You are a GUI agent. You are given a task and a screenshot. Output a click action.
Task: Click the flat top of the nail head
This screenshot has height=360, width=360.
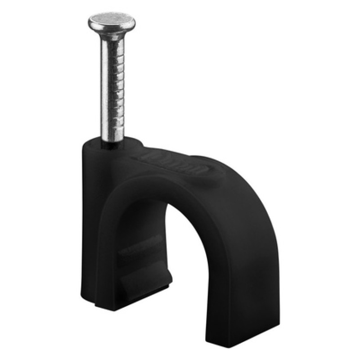112,20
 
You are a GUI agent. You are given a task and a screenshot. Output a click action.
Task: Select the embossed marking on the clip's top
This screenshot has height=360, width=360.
180,162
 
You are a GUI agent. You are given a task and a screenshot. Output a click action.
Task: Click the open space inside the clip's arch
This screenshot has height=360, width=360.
193,261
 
